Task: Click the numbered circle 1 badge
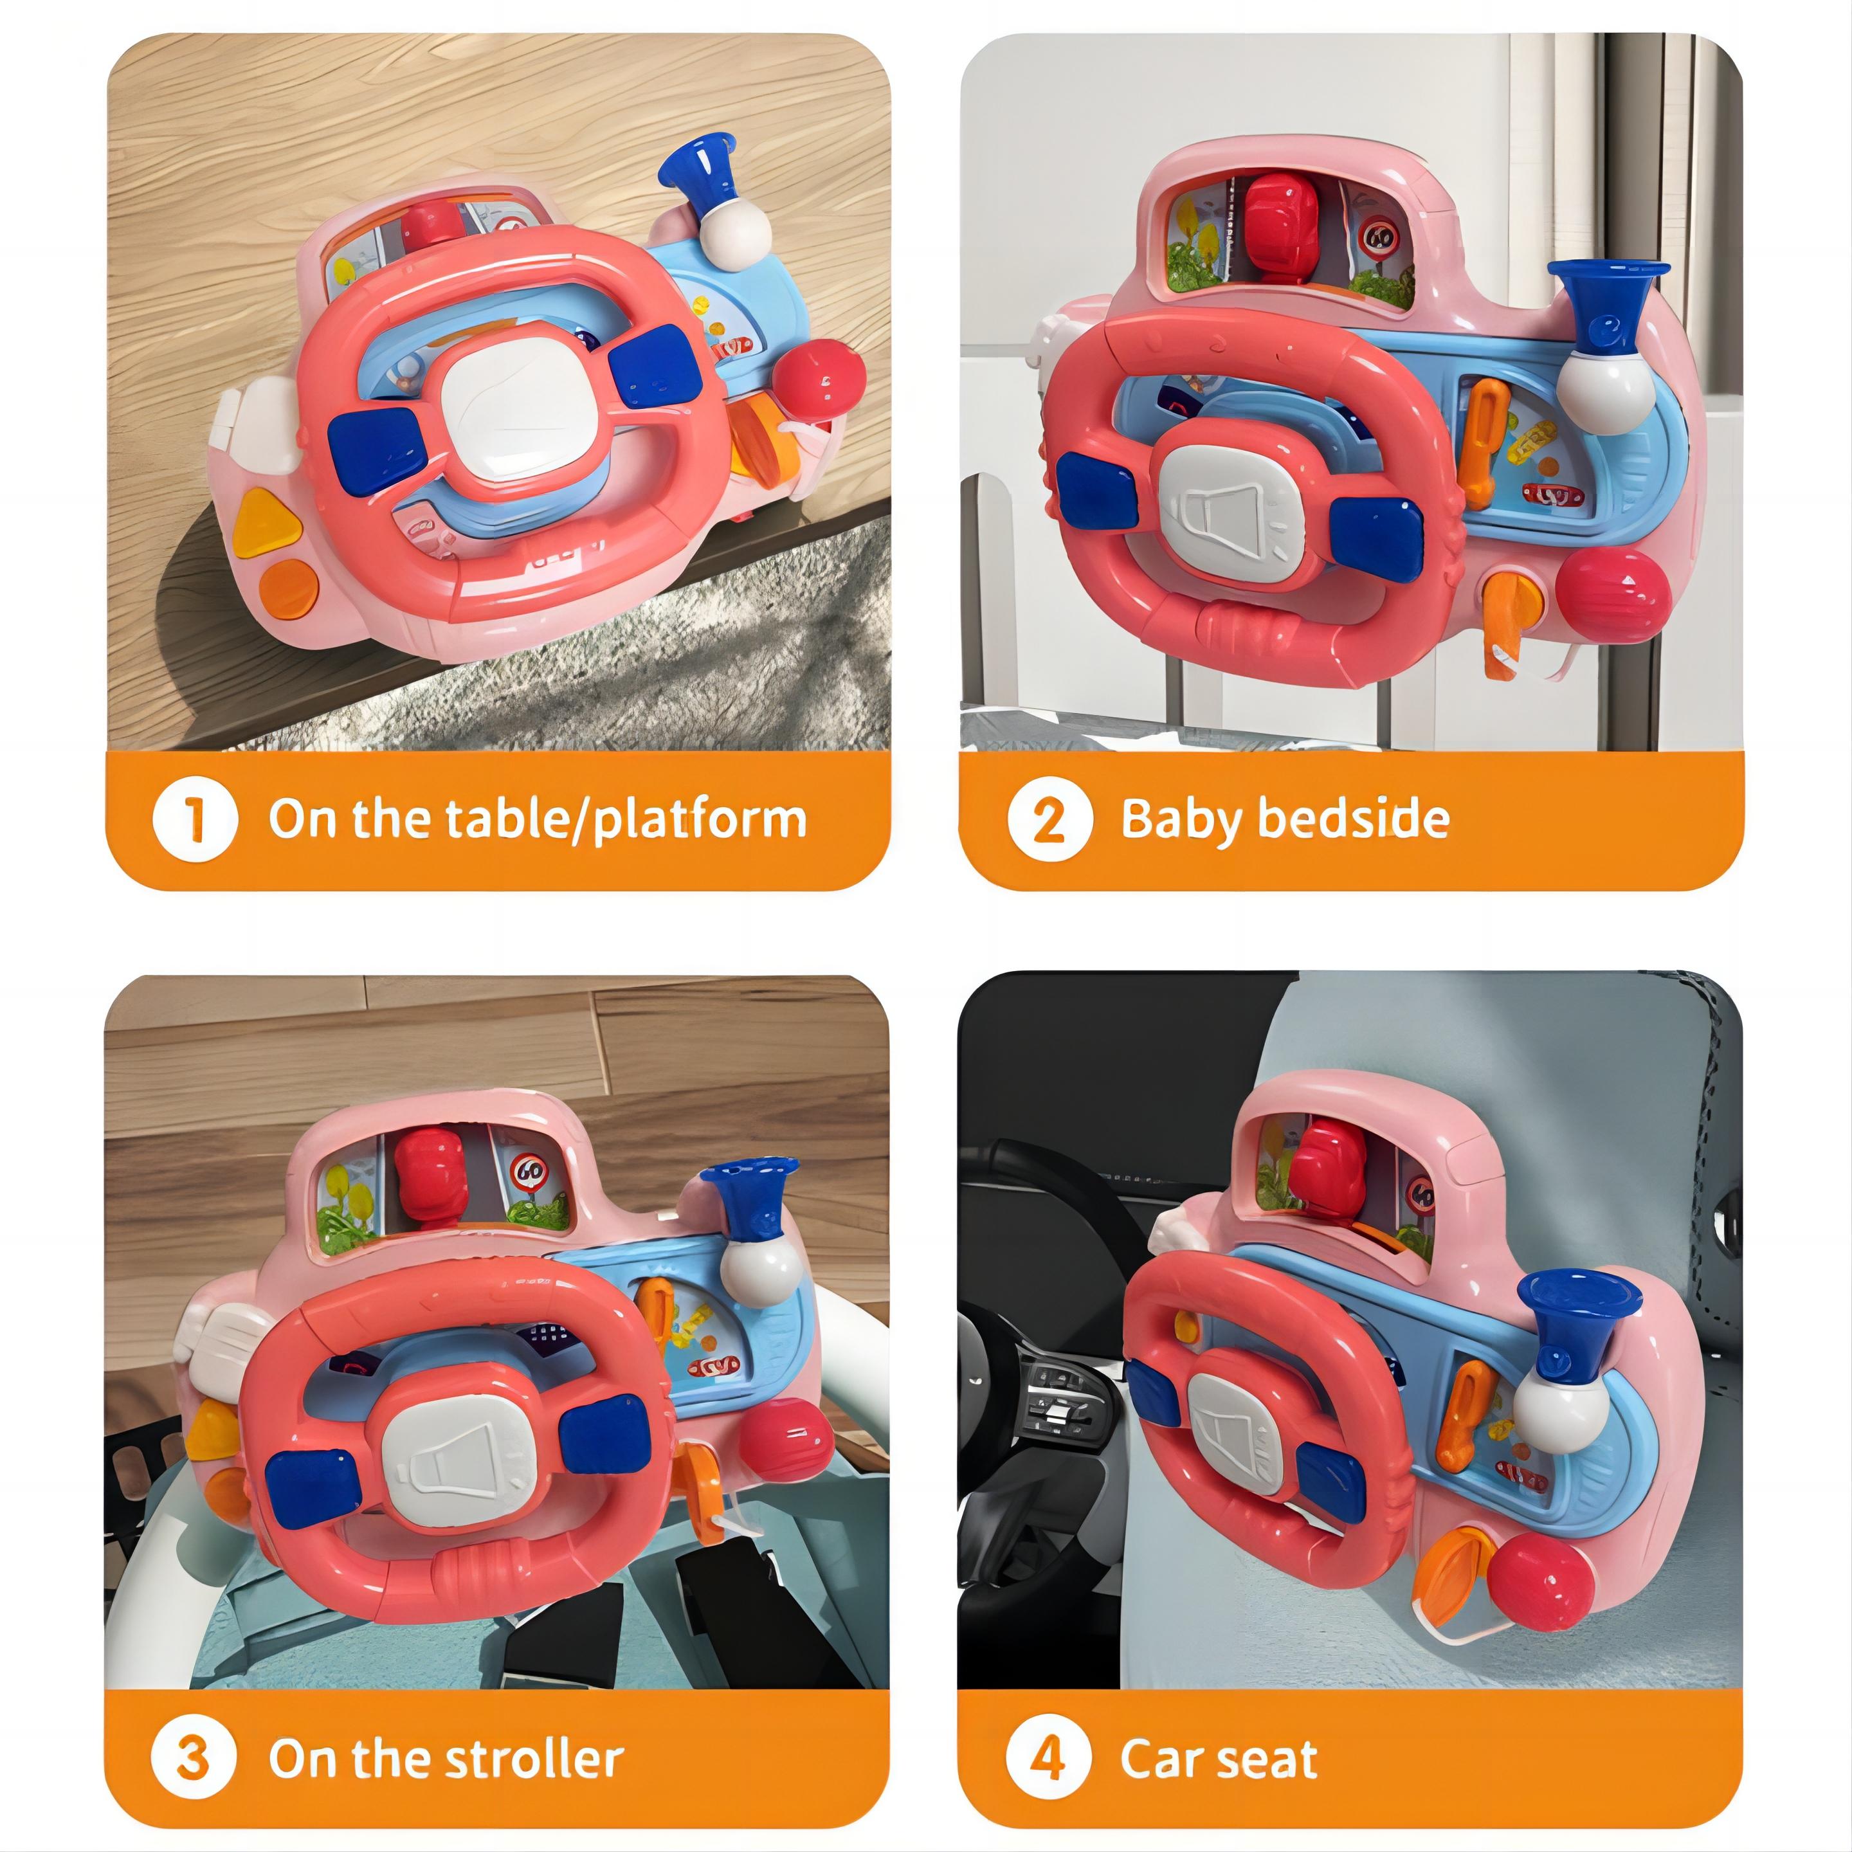[195, 820]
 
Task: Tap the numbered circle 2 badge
[1049, 820]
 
